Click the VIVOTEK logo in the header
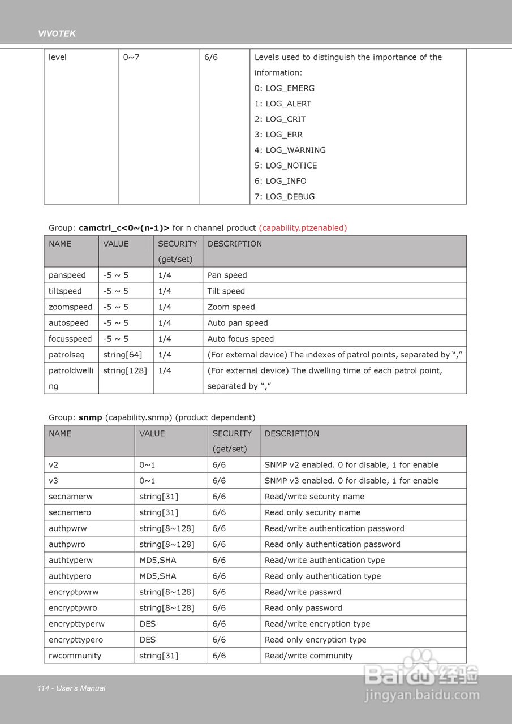57,34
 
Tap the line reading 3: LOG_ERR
278,135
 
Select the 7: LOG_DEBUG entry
285,196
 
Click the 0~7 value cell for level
131,57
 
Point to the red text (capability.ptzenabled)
303,227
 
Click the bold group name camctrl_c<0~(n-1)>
124,227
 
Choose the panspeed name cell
67,275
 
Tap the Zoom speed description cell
231,307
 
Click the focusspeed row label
70,339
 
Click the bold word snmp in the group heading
91,417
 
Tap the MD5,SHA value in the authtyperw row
158,560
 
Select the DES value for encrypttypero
148,640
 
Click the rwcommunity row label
75,656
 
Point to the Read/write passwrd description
303,592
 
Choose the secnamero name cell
70,512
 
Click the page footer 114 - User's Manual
71,688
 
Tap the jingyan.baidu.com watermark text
422,696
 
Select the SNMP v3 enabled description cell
351,480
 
